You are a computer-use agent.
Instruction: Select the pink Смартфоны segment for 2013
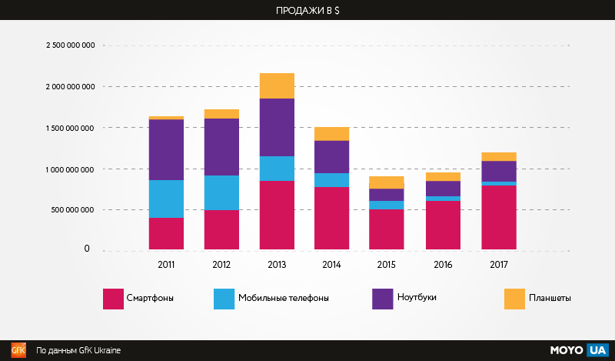click(x=277, y=215)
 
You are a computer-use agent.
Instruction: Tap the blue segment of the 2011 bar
click(x=166, y=199)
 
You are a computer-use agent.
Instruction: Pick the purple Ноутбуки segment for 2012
click(x=221, y=147)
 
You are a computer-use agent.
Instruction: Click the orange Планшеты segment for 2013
click(x=277, y=85)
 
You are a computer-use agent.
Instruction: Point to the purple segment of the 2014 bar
click(x=332, y=157)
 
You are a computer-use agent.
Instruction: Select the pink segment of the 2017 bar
click(x=498, y=217)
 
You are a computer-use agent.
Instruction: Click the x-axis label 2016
click(x=443, y=263)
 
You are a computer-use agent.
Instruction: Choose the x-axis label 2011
click(x=166, y=263)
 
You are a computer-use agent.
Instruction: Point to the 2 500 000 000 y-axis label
click(x=71, y=45)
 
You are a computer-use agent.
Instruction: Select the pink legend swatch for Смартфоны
click(x=113, y=299)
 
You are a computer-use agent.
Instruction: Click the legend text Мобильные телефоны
click(x=284, y=299)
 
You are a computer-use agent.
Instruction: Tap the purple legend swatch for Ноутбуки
click(x=382, y=299)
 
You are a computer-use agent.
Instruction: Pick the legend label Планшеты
click(x=550, y=299)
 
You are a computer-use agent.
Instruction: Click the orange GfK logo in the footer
click(x=18, y=350)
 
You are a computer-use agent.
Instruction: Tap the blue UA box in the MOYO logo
click(x=597, y=350)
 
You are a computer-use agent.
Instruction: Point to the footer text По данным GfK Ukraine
click(x=78, y=350)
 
